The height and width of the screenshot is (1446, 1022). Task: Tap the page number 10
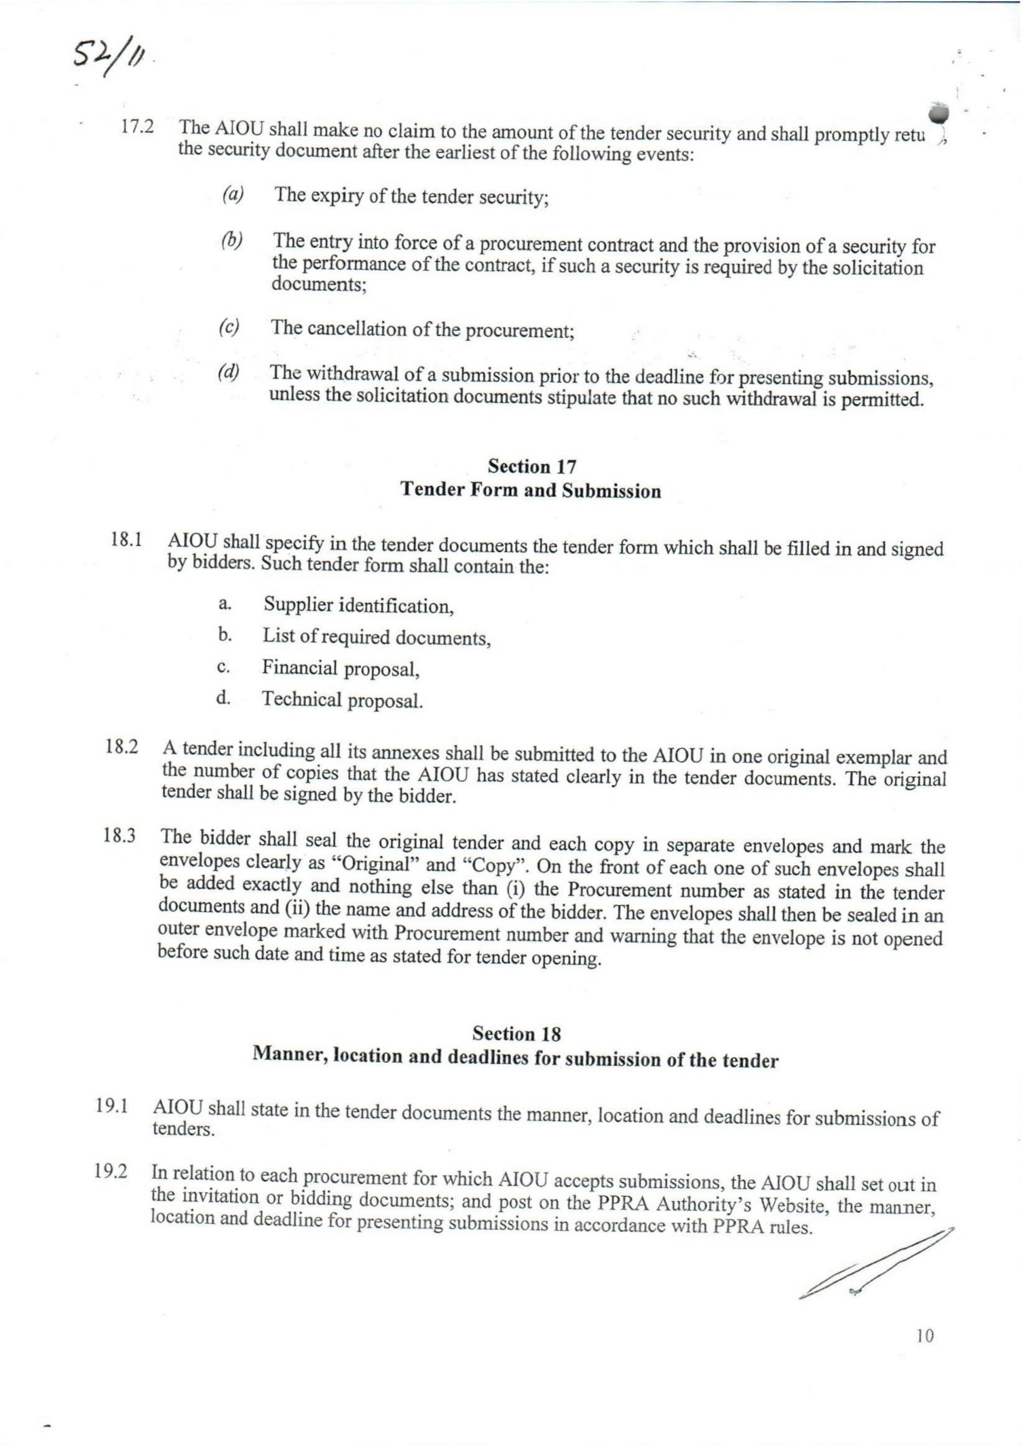point(925,1353)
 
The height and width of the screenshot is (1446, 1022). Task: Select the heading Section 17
point(532,467)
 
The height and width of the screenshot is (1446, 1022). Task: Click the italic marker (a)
point(233,195)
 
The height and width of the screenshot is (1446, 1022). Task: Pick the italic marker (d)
point(229,372)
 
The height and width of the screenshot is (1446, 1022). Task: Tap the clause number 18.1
point(126,540)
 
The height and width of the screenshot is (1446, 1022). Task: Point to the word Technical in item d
point(301,699)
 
